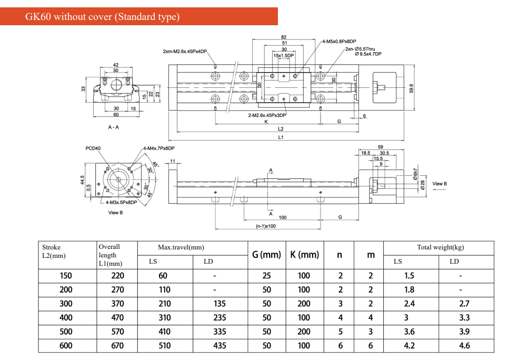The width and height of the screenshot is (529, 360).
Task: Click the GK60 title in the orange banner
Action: pos(103,17)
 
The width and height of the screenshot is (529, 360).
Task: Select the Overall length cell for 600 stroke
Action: pos(117,346)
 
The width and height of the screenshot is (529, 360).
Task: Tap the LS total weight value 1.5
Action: pos(409,275)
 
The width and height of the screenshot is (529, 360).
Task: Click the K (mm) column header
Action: pos(304,255)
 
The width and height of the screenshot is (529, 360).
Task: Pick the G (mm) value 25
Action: pos(267,275)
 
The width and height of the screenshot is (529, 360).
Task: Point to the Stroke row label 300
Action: pos(66,304)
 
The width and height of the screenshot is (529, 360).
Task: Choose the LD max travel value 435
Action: pos(219,346)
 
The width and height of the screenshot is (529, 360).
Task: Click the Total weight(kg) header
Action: pos(440,247)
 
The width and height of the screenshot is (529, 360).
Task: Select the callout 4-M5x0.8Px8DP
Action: pos(339,41)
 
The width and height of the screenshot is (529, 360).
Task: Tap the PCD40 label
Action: pos(93,148)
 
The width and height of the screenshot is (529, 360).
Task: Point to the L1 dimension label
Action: pos(281,137)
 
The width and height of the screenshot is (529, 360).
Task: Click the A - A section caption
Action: pos(113,127)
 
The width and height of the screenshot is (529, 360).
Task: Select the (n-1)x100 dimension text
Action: pos(266,226)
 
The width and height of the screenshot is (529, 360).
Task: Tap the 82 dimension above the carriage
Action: pos(284,37)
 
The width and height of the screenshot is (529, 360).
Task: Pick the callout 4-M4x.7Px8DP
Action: pos(158,148)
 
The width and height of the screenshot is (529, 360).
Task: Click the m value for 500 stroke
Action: pos(371,332)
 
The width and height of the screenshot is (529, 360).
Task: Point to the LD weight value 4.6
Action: pos(464,346)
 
